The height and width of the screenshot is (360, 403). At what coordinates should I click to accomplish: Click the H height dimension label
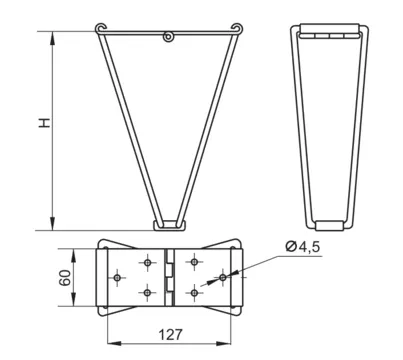45,123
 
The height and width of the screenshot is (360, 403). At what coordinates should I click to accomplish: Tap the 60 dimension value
65,277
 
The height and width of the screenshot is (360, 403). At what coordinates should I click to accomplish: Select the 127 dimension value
170,334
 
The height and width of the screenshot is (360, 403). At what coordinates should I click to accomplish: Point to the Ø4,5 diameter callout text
303,247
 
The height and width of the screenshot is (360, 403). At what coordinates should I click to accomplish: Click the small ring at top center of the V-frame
168,36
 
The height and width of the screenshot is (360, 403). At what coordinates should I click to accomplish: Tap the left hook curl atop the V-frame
100,28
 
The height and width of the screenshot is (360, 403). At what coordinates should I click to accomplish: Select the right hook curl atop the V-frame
237,28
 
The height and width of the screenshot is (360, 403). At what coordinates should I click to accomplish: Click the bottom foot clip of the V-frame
170,225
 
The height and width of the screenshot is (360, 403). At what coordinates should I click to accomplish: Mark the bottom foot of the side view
329,226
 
